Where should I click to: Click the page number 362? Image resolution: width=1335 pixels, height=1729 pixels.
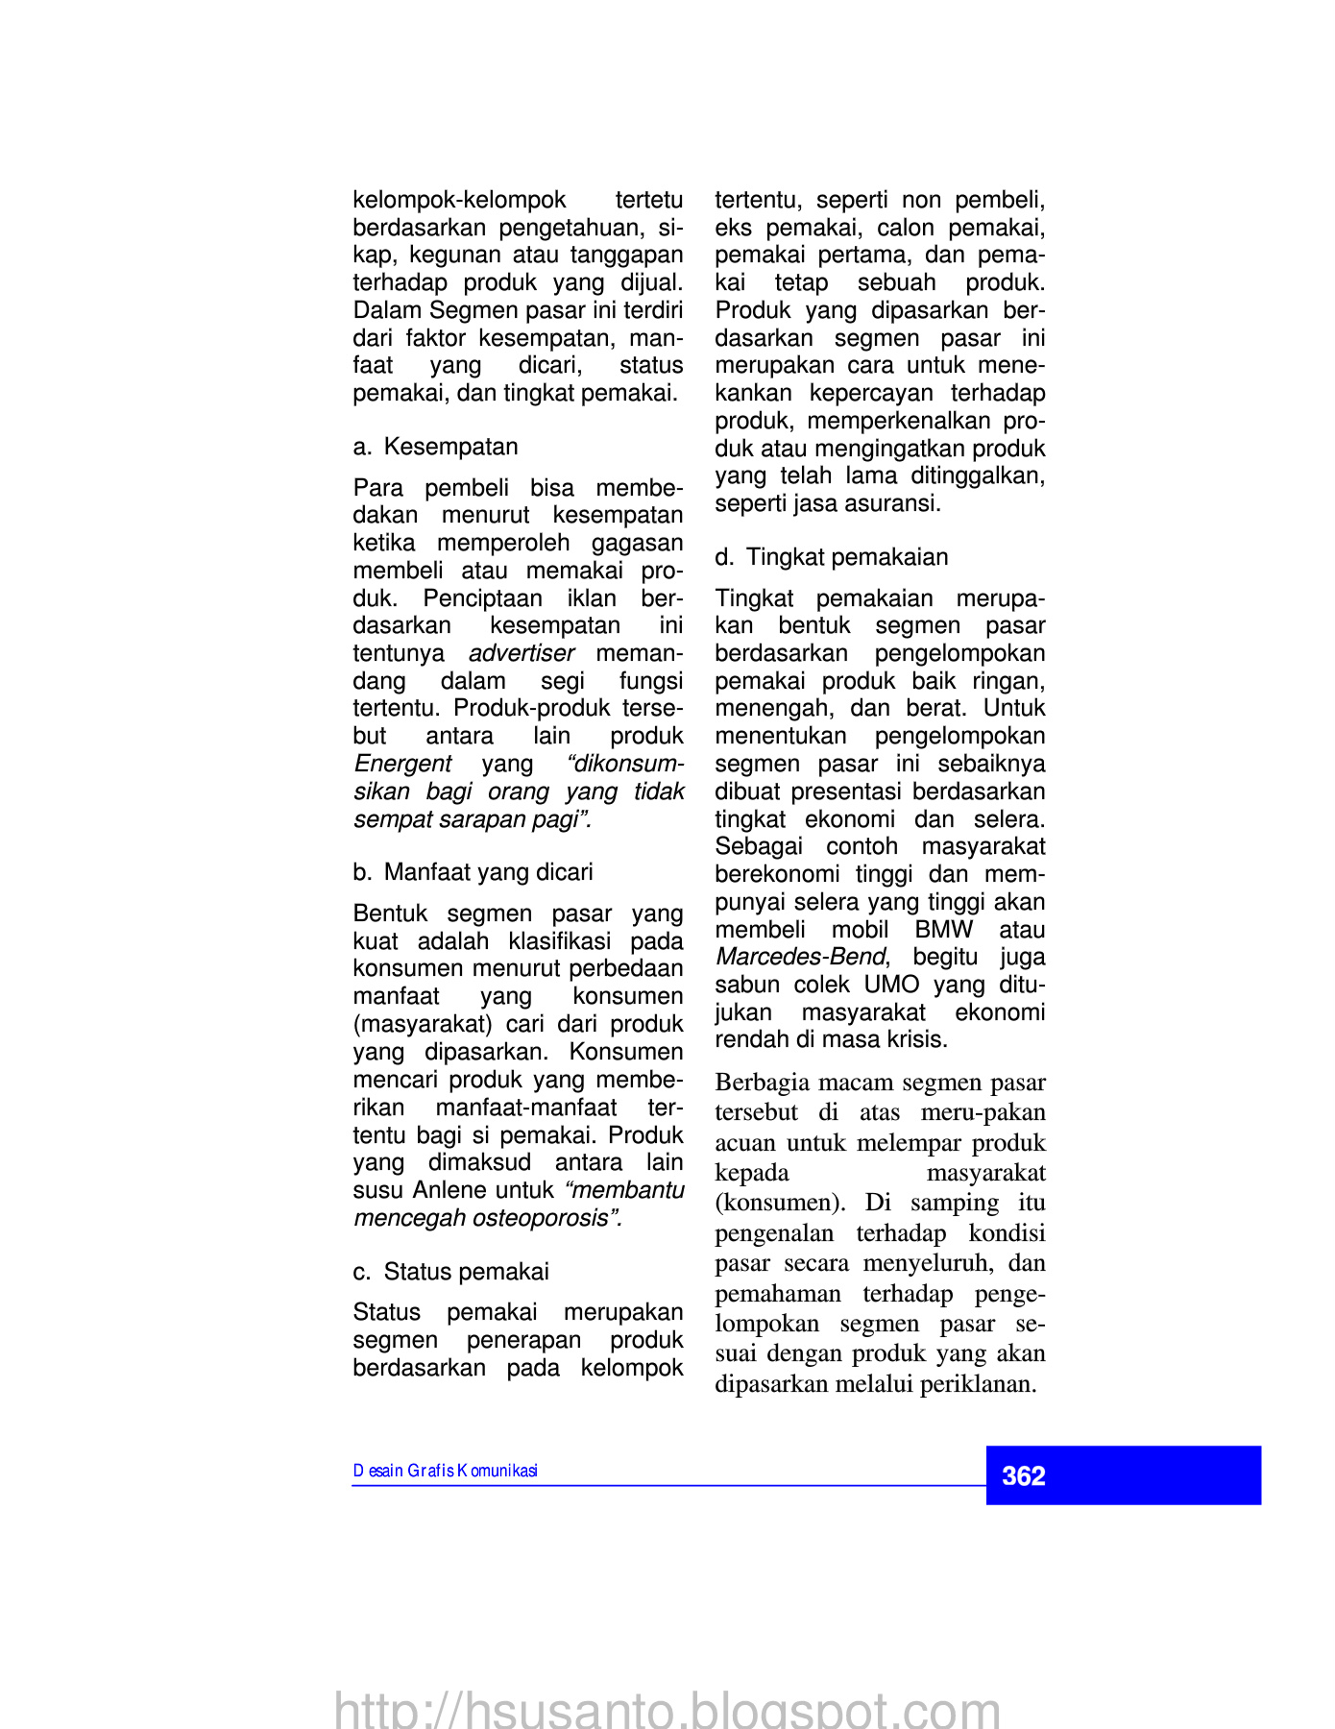[1023, 1475]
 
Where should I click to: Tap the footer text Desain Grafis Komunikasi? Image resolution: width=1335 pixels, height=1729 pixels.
[445, 1471]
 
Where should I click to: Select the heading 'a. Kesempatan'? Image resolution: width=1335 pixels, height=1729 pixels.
[435, 447]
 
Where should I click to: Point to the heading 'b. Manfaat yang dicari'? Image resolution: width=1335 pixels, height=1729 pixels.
[473, 872]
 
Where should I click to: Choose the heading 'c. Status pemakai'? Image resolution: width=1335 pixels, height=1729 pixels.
[450, 1272]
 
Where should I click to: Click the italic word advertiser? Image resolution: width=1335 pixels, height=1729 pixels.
[522, 653]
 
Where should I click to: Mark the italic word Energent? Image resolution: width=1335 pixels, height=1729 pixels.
[402, 764]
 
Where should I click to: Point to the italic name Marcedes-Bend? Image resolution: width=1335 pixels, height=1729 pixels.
[801, 957]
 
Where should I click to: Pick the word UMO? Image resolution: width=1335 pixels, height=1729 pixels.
[891, 985]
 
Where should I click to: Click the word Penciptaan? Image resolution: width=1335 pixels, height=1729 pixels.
[482, 598]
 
